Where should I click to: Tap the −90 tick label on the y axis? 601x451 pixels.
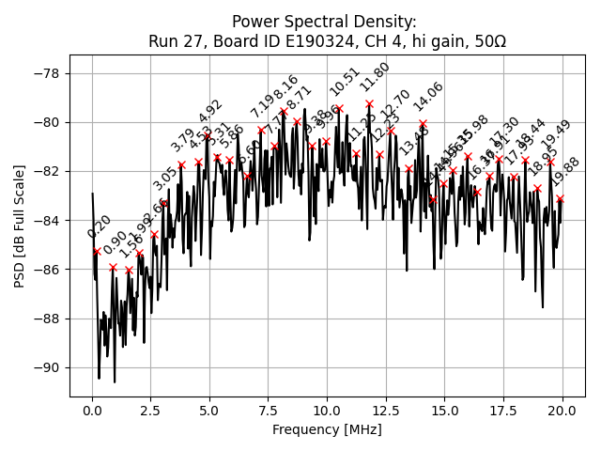click(46, 367)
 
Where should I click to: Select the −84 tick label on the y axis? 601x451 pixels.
click(46, 220)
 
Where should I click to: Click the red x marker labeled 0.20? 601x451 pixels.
click(97, 251)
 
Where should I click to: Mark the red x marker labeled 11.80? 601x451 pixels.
click(369, 103)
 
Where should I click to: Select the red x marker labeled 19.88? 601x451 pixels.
click(560, 198)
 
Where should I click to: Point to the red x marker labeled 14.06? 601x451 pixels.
click(423, 123)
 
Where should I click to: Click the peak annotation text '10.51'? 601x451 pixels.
click(345, 82)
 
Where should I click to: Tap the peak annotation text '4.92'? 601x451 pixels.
click(210, 112)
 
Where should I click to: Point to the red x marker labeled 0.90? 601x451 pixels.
click(113, 267)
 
